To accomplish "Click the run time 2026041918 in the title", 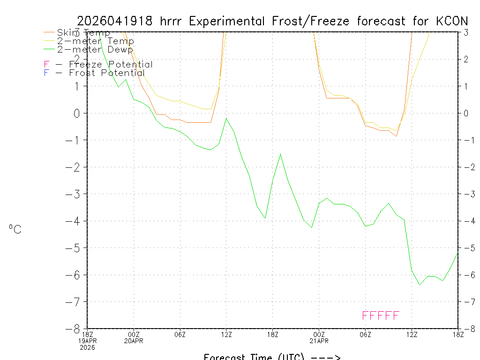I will [x=116, y=21].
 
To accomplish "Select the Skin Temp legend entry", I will [x=83, y=33].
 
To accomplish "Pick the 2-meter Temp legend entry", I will [x=95, y=41].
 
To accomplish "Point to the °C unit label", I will [x=15, y=229].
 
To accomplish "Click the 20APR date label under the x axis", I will [x=134, y=341].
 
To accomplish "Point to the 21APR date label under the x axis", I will [x=319, y=341].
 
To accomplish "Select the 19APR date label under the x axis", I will [x=87, y=341].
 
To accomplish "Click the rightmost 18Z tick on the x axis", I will [x=457, y=334].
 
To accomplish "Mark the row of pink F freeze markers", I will [x=381, y=315].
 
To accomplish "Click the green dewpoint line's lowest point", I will [x=420, y=285].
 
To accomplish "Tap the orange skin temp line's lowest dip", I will [x=396, y=136].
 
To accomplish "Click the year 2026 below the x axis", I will [x=87, y=347].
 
